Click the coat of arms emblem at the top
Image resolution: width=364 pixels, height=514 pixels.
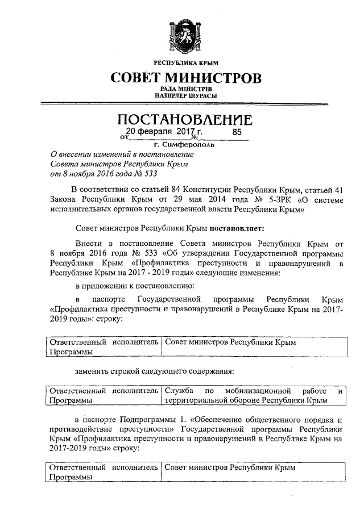[x=182, y=35]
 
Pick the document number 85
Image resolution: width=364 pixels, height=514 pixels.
[x=238, y=132]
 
